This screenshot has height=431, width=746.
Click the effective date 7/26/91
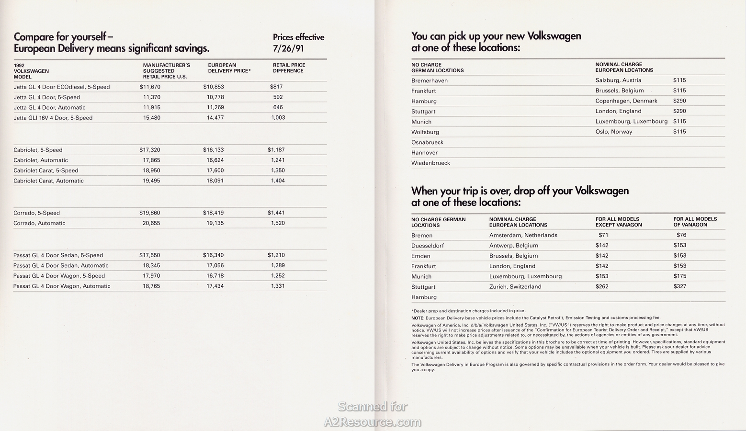[x=288, y=48]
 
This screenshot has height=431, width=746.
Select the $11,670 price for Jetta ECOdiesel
[x=150, y=87]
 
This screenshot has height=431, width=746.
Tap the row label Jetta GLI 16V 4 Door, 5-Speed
[x=53, y=118]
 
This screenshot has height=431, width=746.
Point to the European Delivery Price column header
[x=229, y=68]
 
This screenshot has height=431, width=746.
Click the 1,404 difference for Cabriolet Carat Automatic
[x=278, y=181]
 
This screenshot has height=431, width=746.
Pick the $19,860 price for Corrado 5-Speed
[x=150, y=213]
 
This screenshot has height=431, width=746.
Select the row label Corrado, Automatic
[x=39, y=223]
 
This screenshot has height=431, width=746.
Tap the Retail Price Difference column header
[x=289, y=68]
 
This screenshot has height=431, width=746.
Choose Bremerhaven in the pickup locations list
[x=430, y=80]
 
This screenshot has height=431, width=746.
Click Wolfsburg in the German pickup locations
[x=425, y=132]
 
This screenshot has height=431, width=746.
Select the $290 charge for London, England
[x=679, y=111]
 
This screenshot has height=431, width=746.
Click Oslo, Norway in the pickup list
[x=614, y=132]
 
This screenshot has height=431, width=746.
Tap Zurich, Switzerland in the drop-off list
[x=515, y=287]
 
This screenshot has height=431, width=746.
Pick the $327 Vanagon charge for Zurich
[x=679, y=286]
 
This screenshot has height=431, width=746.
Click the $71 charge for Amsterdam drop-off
[x=603, y=235]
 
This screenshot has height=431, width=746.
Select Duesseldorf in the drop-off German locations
[x=428, y=246]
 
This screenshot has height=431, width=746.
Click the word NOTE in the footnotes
[x=417, y=318]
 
